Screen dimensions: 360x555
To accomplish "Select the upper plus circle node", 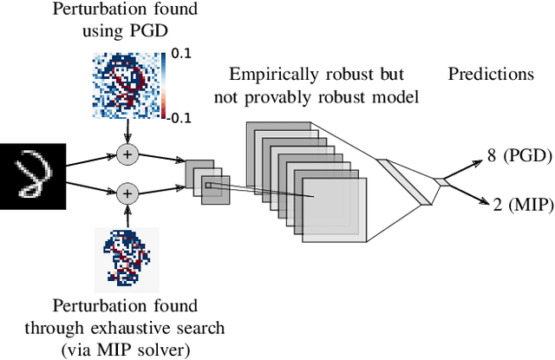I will tap(128, 154).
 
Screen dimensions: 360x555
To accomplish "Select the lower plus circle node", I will tap(128, 192).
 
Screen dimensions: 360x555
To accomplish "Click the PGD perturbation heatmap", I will tap(128, 83).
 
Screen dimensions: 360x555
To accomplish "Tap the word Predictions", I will tap(491, 74).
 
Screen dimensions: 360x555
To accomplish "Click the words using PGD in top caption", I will tap(128, 31).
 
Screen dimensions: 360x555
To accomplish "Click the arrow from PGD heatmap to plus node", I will tap(128, 132).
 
